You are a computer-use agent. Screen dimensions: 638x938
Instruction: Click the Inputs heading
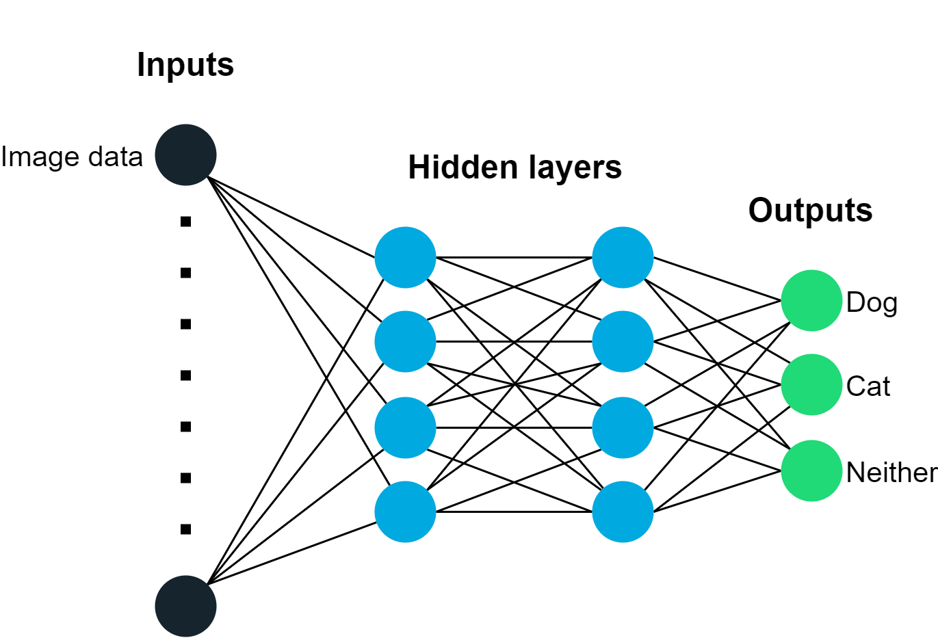pos(185,66)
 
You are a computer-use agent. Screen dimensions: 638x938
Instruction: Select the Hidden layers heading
pos(514,168)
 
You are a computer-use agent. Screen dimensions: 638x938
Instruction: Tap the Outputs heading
pos(810,210)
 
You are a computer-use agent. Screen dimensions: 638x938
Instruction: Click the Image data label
pos(72,157)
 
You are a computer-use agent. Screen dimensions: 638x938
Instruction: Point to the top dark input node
pos(185,155)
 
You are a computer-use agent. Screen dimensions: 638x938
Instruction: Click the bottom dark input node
pos(185,606)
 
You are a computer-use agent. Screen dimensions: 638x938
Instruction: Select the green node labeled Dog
pos(811,301)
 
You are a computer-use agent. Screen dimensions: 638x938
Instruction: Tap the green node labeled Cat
pos(811,385)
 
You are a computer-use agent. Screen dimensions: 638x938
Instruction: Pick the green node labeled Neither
pos(811,470)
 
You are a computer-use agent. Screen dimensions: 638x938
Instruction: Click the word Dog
pos(872,302)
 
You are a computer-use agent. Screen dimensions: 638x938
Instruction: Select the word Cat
pos(868,386)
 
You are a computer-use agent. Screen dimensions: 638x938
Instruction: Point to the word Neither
pos(891,473)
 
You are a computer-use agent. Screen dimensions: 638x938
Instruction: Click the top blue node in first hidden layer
pos(405,258)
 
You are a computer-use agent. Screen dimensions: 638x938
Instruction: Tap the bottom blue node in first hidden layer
pos(405,511)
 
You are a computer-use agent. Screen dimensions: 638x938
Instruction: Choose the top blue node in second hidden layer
pos(623,258)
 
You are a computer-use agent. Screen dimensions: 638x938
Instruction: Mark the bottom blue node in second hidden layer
pos(623,511)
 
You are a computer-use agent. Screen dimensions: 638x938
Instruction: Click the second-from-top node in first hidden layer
pos(405,341)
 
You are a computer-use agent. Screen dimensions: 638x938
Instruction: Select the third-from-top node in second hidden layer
pos(623,427)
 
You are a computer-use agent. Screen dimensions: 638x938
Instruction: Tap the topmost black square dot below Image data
pos(185,222)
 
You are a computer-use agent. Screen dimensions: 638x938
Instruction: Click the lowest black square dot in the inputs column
pos(185,529)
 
